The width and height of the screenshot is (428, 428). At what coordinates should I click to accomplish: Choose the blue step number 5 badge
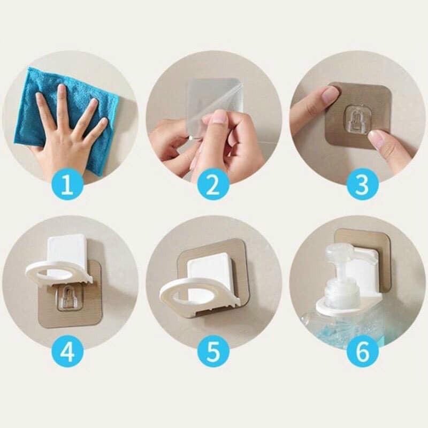point(213,353)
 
